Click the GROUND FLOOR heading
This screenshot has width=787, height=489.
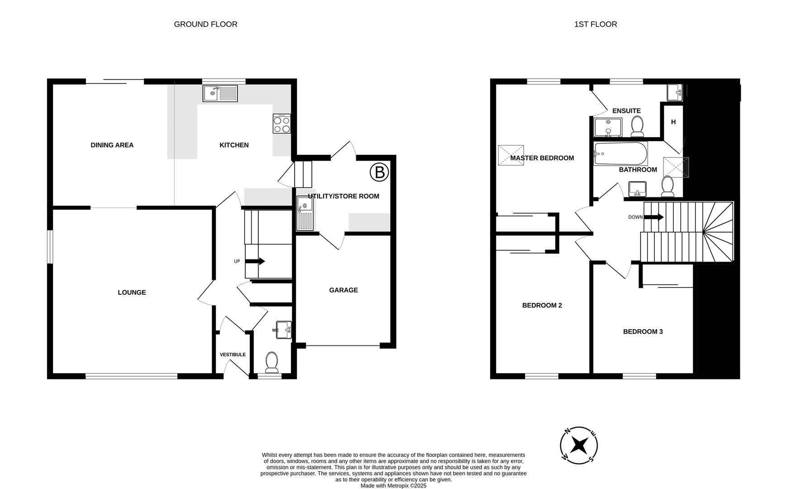pos(205,24)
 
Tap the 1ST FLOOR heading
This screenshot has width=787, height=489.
pos(596,24)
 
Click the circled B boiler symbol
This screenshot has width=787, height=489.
pos(379,173)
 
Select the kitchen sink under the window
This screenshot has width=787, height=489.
pos(220,94)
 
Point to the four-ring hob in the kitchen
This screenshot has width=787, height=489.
pos(281,124)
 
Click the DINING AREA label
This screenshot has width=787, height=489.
pos(112,145)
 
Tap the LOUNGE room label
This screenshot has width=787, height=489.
pos(132,292)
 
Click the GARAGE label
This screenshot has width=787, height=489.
pos(343,290)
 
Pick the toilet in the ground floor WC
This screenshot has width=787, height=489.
pos(272,363)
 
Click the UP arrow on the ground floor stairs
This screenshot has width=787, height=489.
pos(255,261)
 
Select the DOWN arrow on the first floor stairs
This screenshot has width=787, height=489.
pos(653,217)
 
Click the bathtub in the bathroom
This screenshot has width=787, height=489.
pos(620,154)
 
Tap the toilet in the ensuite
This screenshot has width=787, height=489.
pos(638,126)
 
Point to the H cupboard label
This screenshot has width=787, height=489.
pos(673,122)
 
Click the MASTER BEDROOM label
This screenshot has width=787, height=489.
pos(542,158)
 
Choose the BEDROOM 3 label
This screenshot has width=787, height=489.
pos(643,332)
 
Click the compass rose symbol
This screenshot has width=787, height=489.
pos(579,446)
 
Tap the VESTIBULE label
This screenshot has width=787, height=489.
pos(233,355)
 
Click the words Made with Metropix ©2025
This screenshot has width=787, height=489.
pos(393,486)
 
